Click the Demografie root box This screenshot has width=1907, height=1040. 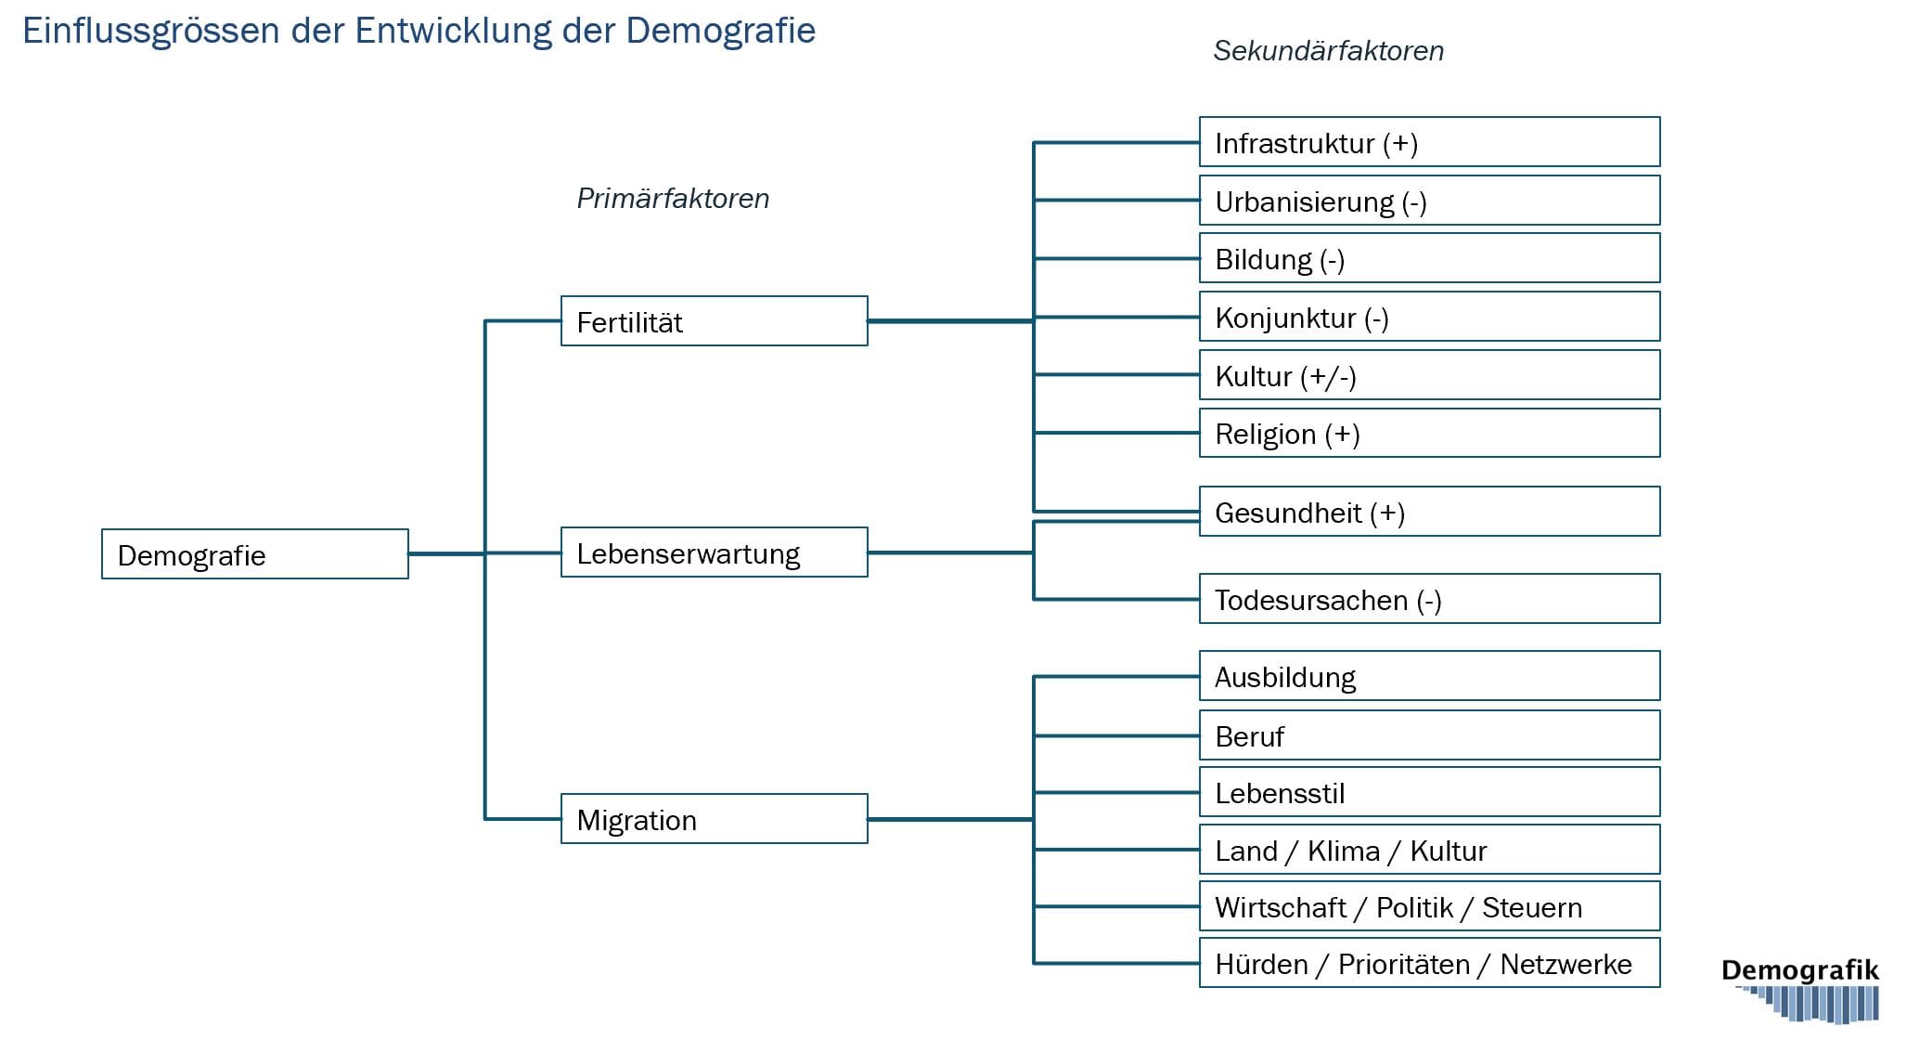(x=255, y=554)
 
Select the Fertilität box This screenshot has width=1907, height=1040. (x=715, y=321)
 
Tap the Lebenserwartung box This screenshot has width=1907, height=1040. (x=715, y=552)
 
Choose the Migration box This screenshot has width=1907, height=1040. (x=715, y=819)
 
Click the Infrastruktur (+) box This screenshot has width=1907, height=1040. (x=1430, y=142)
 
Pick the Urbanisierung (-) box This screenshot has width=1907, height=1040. (x=1430, y=201)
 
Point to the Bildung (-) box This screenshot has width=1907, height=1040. (x=1430, y=258)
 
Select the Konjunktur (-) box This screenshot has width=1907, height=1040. (x=1430, y=317)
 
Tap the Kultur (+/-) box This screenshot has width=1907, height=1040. (x=1430, y=375)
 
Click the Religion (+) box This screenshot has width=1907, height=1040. (x=1430, y=433)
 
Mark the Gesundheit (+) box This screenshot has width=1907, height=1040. (x=1430, y=512)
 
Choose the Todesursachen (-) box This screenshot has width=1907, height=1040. (x=1430, y=599)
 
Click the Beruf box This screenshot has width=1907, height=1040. (x=1430, y=735)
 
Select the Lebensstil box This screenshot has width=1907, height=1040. (x=1430, y=792)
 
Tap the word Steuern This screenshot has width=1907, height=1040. (x=1532, y=907)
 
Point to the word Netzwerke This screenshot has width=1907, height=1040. (x=1566, y=965)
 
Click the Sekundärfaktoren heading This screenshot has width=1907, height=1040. (x=1329, y=51)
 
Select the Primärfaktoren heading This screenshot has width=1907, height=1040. (x=674, y=199)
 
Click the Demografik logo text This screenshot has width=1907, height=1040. (x=1800, y=971)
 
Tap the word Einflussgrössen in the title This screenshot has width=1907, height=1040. (x=151, y=32)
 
